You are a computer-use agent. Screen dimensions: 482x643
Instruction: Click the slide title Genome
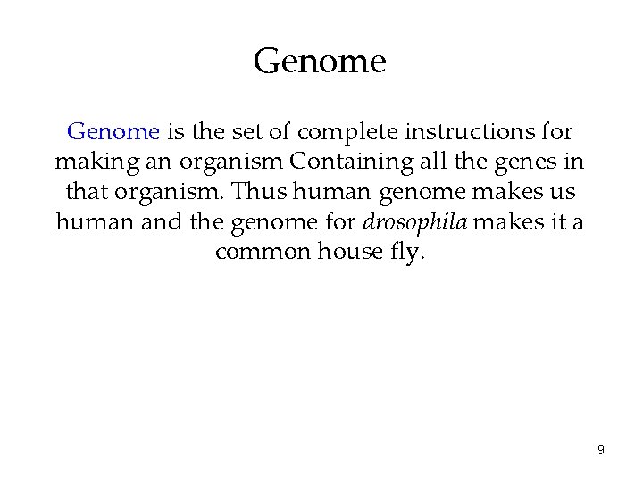pos(320,62)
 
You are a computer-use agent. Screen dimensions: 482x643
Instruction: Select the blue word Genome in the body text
pos(113,132)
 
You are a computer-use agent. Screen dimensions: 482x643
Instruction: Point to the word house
pos(348,251)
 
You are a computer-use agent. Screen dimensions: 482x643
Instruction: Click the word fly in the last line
pos(405,252)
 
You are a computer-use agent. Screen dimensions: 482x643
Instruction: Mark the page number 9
pos(600,450)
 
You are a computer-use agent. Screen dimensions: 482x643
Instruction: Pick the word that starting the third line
pos(87,192)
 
